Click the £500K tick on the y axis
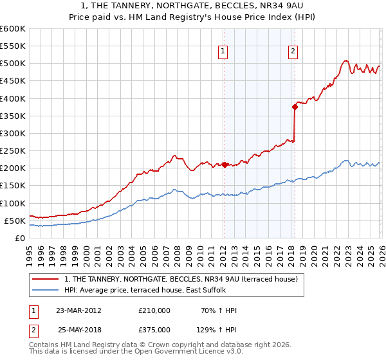pos(13,64)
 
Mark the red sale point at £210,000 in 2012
pos(224,165)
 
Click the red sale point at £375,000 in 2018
pos(295,107)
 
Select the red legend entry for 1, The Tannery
pos(181,279)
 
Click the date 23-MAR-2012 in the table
pos(78,310)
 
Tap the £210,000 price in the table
pos(154,310)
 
